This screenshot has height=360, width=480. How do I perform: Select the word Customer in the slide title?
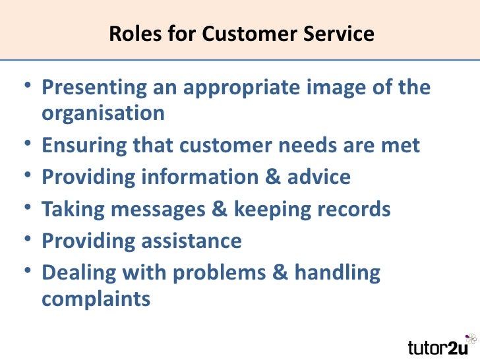coord(252,33)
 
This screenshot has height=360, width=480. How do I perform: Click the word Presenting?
coord(92,87)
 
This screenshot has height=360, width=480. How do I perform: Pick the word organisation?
coord(104,113)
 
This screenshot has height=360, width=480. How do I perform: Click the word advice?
coord(318,177)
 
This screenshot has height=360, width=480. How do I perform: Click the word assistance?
coord(191,241)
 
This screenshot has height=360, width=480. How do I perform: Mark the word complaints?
coord(96,299)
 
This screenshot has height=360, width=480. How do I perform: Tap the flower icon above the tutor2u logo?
coord(470,338)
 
